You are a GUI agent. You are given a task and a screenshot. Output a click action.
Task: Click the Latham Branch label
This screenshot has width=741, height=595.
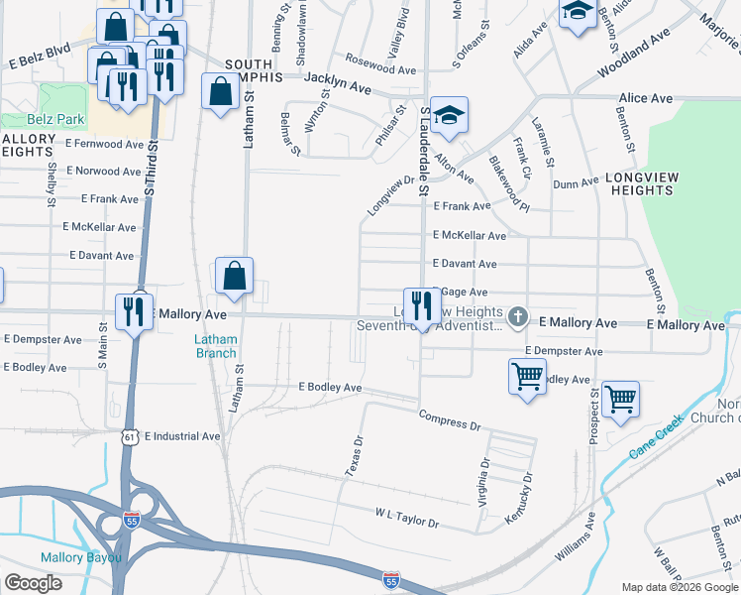click(x=216, y=346)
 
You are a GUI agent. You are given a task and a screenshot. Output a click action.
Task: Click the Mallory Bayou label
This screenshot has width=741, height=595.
click(x=81, y=557)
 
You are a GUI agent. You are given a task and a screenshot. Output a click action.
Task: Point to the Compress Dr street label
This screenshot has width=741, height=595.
click(x=450, y=419)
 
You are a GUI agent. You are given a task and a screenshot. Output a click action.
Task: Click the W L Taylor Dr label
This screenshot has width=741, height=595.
click(x=406, y=519)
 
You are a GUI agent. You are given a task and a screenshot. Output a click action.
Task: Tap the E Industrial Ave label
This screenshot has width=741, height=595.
click(x=182, y=436)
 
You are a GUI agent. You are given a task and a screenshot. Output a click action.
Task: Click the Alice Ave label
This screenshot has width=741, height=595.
click(x=645, y=98)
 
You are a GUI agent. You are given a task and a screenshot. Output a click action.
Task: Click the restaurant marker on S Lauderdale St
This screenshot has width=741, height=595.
click(x=422, y=304)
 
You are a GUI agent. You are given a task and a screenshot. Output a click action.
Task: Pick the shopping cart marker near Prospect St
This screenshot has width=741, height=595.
click(x=620, y=399)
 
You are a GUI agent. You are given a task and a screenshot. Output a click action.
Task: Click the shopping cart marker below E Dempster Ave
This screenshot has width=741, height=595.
click(x=527, y=376)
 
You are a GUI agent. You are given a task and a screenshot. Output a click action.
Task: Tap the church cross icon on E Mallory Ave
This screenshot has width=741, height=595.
click(x=517, y=316)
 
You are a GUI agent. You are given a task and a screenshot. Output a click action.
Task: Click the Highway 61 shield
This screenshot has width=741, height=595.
click(x=128, y=437)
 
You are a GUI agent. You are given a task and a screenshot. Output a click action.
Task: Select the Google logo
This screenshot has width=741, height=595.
click(x=34, y=583)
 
